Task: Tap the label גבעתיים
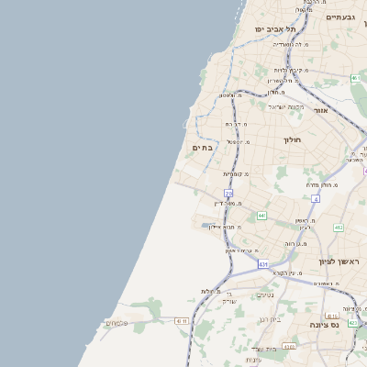pos(340,17)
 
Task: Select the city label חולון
pos(293,139)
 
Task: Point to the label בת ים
pos(202,147)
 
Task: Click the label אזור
pos(321,110)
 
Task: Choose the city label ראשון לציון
pos(337,261)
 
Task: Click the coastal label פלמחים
pos(117,322)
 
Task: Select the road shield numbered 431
pos(263,264)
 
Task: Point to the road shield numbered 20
pos(228,193)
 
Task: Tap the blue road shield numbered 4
pos(316,198)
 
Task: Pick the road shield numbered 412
pos(339,228)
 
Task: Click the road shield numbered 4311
pos(182,320)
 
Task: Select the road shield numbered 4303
pos(289,346)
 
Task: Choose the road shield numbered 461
pos(354,78)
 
